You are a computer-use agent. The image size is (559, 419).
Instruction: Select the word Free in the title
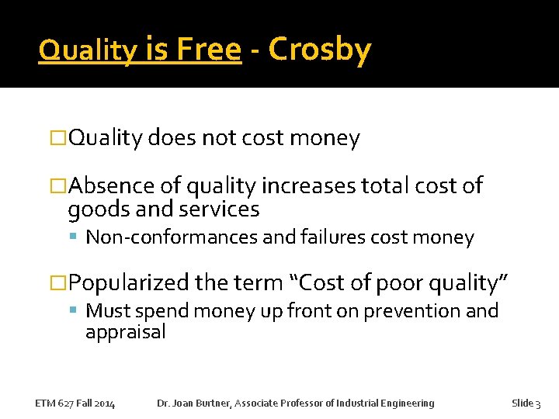click(x=208, y=50)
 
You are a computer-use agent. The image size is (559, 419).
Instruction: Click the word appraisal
click(x=126, y=332)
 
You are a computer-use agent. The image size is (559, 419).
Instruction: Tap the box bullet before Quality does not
click(x=59, y=139)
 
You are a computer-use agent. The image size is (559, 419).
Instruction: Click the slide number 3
click(x=538, y=403)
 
